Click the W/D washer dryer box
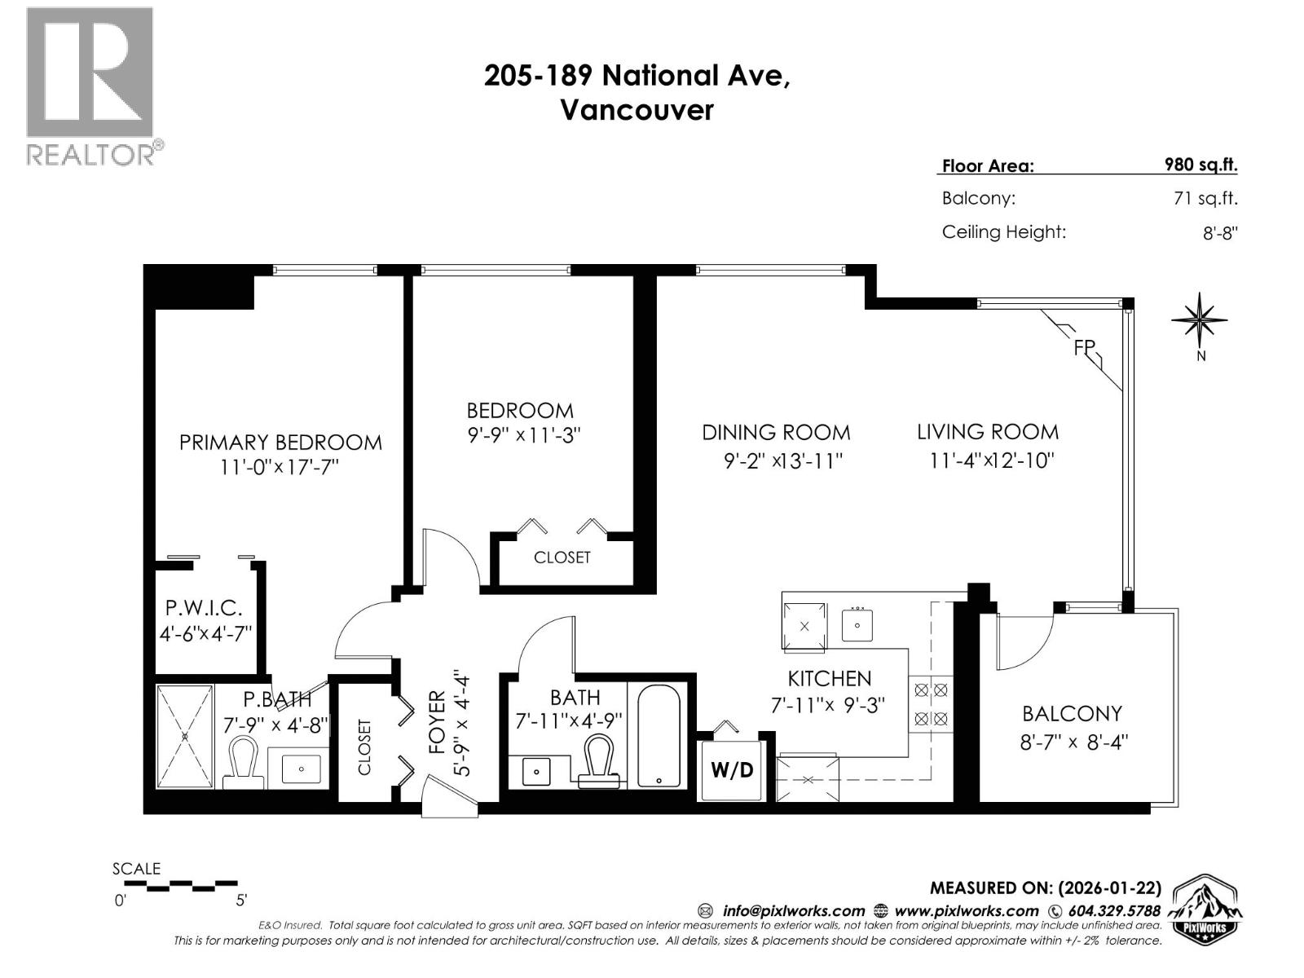point(732,770)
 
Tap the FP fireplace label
point(1084,347)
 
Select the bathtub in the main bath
point(659,737)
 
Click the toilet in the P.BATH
point(244,762)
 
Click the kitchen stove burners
point(931,704)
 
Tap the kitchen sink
point(857,626)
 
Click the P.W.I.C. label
point(204,608)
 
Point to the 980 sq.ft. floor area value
point(1200,165)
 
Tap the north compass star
point(1200,319)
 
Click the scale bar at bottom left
point(174,884)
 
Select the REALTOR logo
point(90,86)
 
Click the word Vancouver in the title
point(637,110)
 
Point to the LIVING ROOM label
point(988,432)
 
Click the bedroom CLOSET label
point(562,558)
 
